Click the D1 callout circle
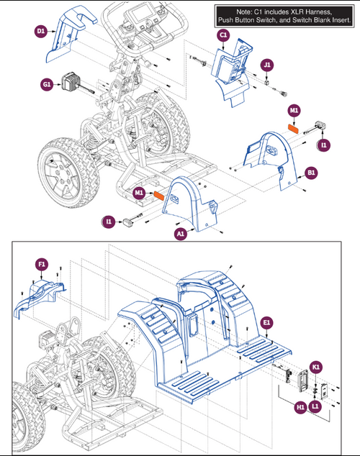coord(41,31)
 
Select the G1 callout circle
coord(47,85)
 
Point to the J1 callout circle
coord(267,65)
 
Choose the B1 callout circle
coord(311,173)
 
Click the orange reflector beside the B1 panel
coord(293,129)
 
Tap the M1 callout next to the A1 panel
coord(139,193)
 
